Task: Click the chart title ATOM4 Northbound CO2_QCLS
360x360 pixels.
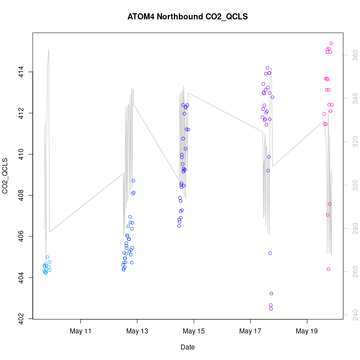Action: pos(187,17)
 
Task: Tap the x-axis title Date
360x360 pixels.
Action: pos(187,347)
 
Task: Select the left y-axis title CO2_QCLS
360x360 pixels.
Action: pos(6,176)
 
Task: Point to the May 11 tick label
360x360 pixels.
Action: pos(80,331)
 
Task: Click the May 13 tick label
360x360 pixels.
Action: pos(137,331)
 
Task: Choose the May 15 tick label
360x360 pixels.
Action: pos(194,331)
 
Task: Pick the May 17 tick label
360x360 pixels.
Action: pos(250,331)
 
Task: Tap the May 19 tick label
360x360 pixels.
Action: pos(307,331)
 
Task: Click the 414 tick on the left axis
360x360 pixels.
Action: pos(21,72)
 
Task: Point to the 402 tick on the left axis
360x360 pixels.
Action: pos(21,318)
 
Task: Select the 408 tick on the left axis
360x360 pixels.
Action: pos(21,195)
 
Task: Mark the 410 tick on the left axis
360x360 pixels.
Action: pos(21,154)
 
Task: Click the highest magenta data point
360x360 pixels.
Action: pos(331,43)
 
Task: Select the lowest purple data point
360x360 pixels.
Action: pos(271,308)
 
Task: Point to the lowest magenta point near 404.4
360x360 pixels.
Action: pos(328,269)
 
